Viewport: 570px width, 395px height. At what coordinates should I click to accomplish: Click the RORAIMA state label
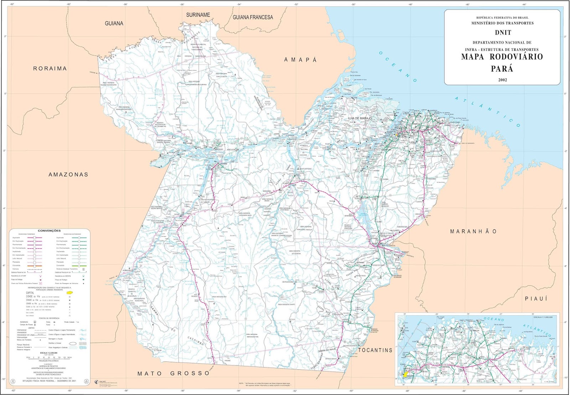(50, 68)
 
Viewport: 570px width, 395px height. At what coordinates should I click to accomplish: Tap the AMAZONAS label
(68, 175)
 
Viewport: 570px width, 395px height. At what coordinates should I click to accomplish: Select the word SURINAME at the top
(198, 15)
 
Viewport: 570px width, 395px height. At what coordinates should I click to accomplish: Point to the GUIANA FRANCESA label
(253, 17)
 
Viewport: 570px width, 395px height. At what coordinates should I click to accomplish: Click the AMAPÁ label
(300, 60)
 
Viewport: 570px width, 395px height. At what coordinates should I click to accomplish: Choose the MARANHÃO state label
(473, 232)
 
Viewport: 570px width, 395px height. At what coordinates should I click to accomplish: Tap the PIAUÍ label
(536, 298)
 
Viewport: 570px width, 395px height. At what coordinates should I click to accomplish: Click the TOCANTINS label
(375, 350)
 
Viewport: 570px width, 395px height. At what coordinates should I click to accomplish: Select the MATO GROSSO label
(174, 373)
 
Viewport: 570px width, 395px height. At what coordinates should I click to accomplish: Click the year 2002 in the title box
(502, 80)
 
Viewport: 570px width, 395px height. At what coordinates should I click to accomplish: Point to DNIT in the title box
(503, 32)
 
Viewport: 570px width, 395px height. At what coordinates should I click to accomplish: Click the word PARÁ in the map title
(502, 68)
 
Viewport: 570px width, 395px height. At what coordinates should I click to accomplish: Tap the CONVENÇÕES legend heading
(49, 231)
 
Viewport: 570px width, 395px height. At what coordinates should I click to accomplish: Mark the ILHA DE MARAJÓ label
(360, 118)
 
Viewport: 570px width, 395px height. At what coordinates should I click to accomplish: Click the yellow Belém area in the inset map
(405, 374)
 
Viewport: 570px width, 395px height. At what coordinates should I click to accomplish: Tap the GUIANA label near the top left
(114, 24)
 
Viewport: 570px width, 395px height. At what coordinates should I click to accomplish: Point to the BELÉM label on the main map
(401, 136)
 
